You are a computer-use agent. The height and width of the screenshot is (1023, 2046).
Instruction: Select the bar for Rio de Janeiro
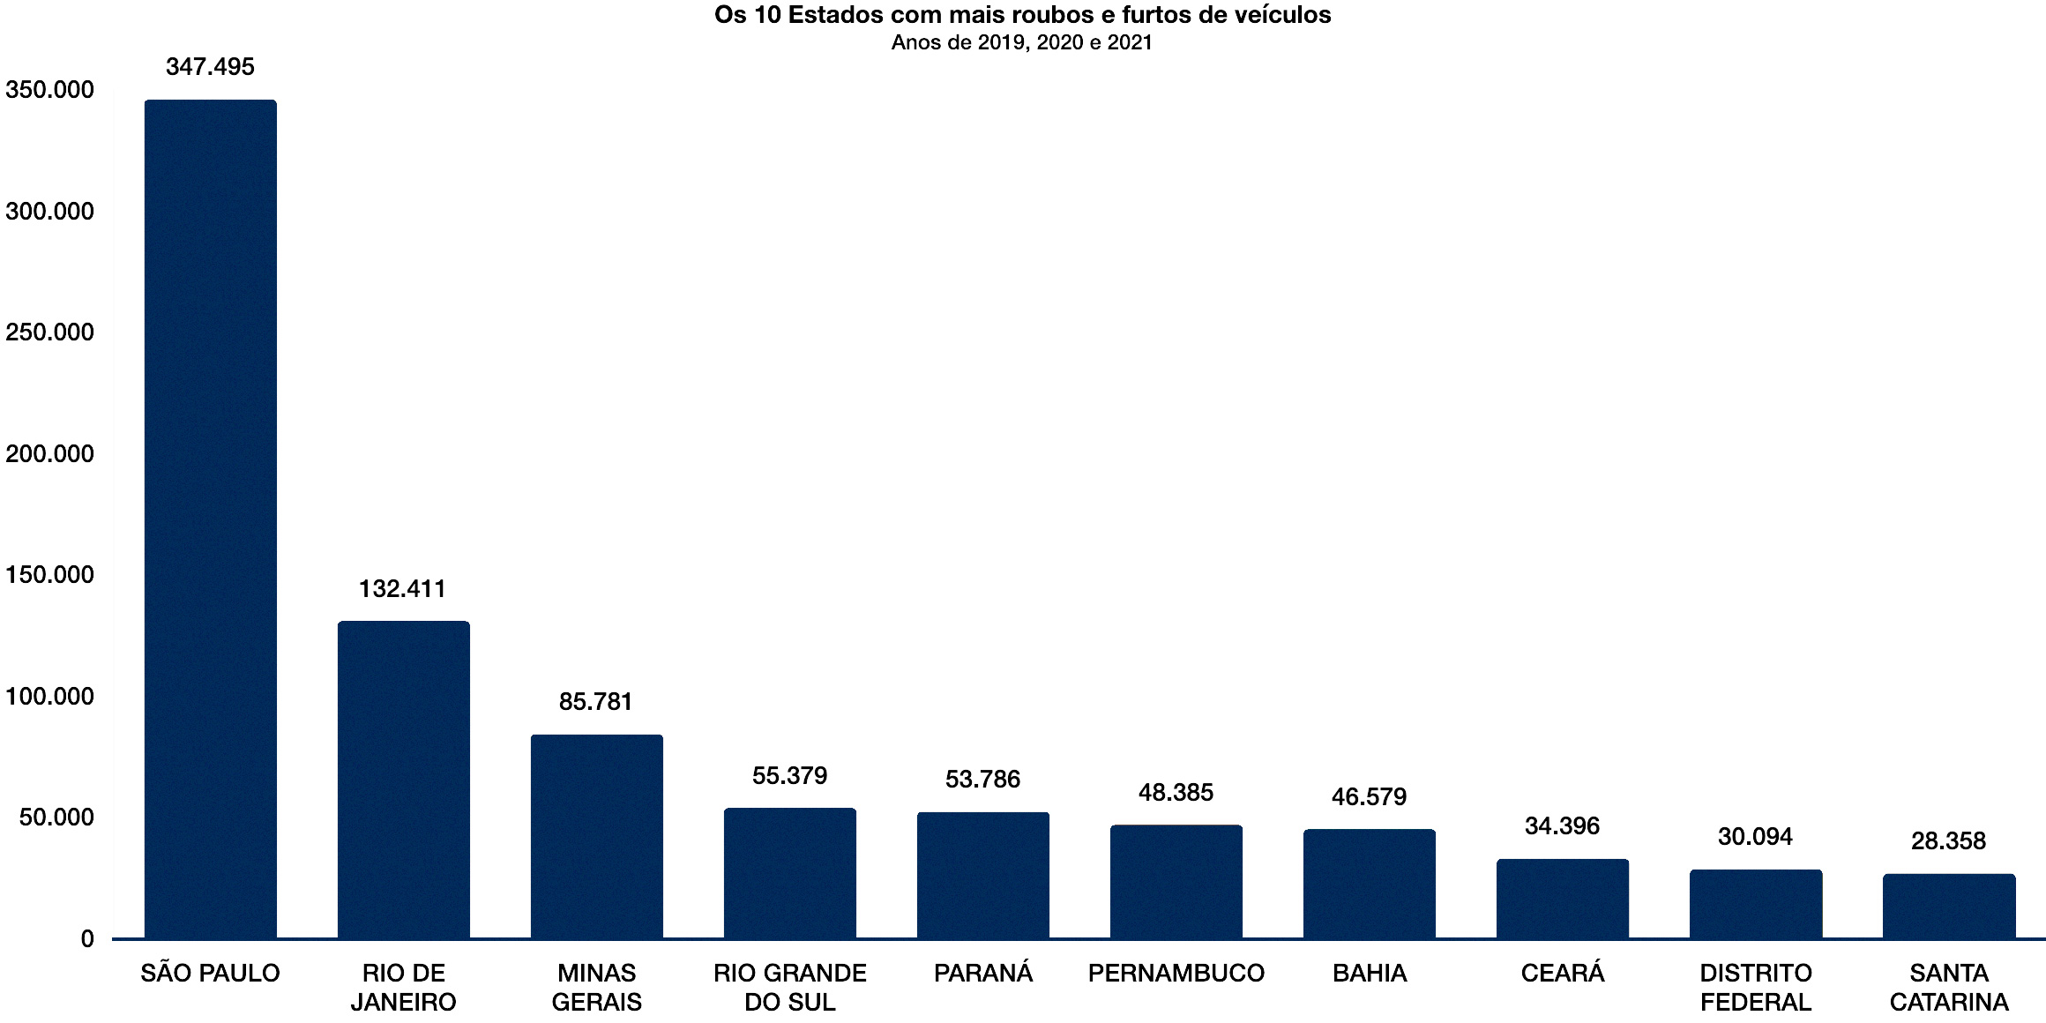[x=403, y=780]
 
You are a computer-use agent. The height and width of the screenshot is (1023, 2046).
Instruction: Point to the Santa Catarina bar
[x=1948, y=906]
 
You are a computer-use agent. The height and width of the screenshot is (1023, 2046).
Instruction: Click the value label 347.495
[x=210, y=67]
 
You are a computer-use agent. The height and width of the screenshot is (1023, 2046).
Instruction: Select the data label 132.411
[x=402, y=589]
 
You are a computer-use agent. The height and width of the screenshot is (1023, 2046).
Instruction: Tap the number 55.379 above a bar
[x=789, y=776]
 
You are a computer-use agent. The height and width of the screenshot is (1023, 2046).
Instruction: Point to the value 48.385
[x=1176, y=793]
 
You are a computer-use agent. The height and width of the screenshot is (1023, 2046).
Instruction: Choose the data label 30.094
[x=1755, y=837]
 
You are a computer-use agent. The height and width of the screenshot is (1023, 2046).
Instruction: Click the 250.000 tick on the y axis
[x=49, y=332]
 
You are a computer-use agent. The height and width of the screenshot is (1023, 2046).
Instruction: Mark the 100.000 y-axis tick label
[x=49, y=697]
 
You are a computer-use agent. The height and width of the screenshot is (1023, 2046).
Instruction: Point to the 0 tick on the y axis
[x=87, y=939]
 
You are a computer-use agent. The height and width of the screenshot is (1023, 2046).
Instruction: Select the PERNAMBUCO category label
[x=1176, y=974]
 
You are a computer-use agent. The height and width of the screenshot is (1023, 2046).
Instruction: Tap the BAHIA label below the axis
[x=1369, y=974]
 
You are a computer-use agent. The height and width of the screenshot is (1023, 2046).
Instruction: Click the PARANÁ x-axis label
[x=982, y=974]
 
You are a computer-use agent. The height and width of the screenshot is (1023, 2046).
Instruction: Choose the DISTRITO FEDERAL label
[x=1755, y=988]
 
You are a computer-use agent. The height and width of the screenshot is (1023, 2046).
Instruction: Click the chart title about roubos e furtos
[x=1022, y=15]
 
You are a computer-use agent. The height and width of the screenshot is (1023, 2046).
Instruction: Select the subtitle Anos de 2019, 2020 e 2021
[x=1021, y=42]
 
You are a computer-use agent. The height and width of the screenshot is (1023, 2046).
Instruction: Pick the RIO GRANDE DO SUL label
[x=789, y=988]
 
